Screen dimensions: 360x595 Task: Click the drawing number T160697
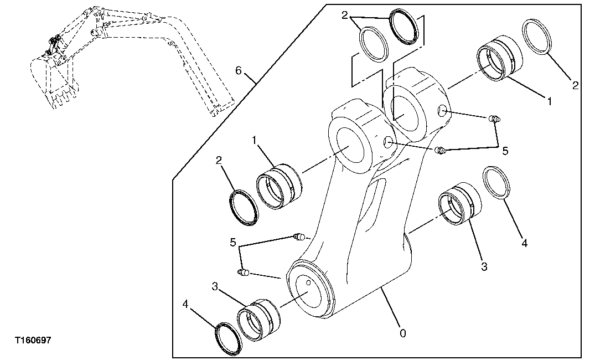(33, 340)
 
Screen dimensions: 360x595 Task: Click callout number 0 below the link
(402, 333)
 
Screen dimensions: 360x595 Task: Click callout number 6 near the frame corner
(239, 70)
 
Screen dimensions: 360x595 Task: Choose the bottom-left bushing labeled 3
(258, 320)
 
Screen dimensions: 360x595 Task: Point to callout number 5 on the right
(505, 150)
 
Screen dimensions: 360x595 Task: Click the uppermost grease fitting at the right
(495, 118)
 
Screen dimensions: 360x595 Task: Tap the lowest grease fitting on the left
(244, 271)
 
